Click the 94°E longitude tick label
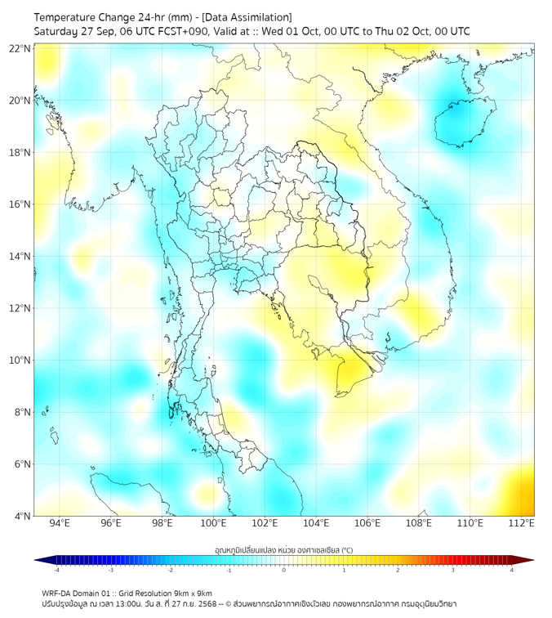pos(60,523)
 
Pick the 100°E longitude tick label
pos(213,523)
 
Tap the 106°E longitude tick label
pos(367,523)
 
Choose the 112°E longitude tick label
pos(522,523)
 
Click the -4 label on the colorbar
pos(56,570)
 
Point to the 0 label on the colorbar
pos(284,570)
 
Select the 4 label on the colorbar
pos(512,570)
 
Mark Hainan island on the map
pos(460,121)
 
